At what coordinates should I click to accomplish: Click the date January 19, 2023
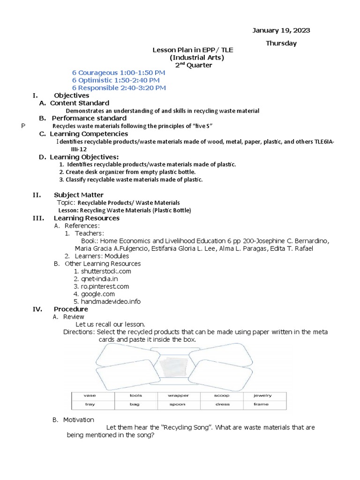281,30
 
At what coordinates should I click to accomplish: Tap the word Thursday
281,43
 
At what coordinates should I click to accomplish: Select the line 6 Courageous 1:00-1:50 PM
119,73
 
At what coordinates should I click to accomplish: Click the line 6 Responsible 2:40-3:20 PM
119,88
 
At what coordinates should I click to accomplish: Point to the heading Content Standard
80,103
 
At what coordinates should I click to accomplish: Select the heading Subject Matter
79,195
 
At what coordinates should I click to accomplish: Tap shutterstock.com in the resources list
106,271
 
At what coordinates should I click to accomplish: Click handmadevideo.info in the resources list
111,301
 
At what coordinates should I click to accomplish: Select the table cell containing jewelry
262,396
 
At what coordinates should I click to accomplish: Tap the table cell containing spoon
177,404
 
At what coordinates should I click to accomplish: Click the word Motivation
79,420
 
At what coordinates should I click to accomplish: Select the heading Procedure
71,309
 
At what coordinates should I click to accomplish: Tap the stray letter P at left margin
23,126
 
